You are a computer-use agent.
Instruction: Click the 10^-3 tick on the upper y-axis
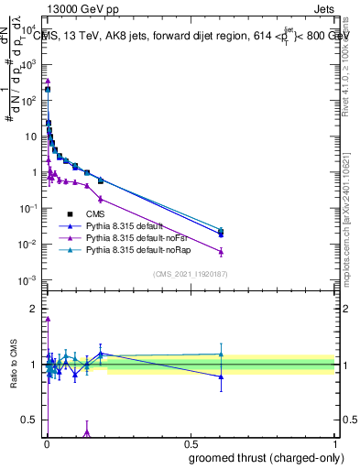point(30,280)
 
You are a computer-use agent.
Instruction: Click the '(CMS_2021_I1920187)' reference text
point(190,273)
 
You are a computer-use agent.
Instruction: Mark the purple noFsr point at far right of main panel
point(221,252)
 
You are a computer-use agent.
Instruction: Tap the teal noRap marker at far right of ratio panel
point(221,354)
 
